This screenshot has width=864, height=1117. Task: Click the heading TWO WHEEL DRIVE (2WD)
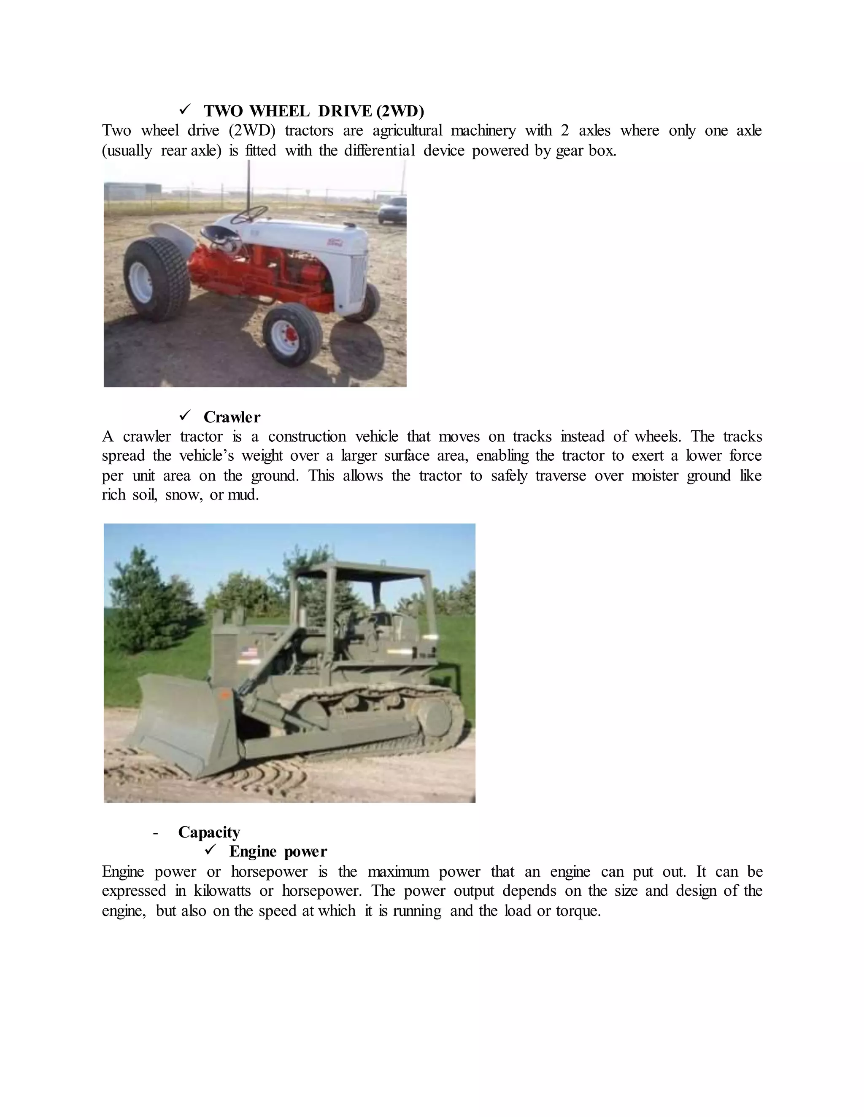(x=314, y=111)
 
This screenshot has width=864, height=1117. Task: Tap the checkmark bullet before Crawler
(x=185, y=415)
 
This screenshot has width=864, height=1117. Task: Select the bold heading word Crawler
(x=232, y=417)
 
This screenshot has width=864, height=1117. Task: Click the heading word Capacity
(x=209, y=832)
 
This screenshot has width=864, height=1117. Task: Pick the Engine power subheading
(x=278, y=851)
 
